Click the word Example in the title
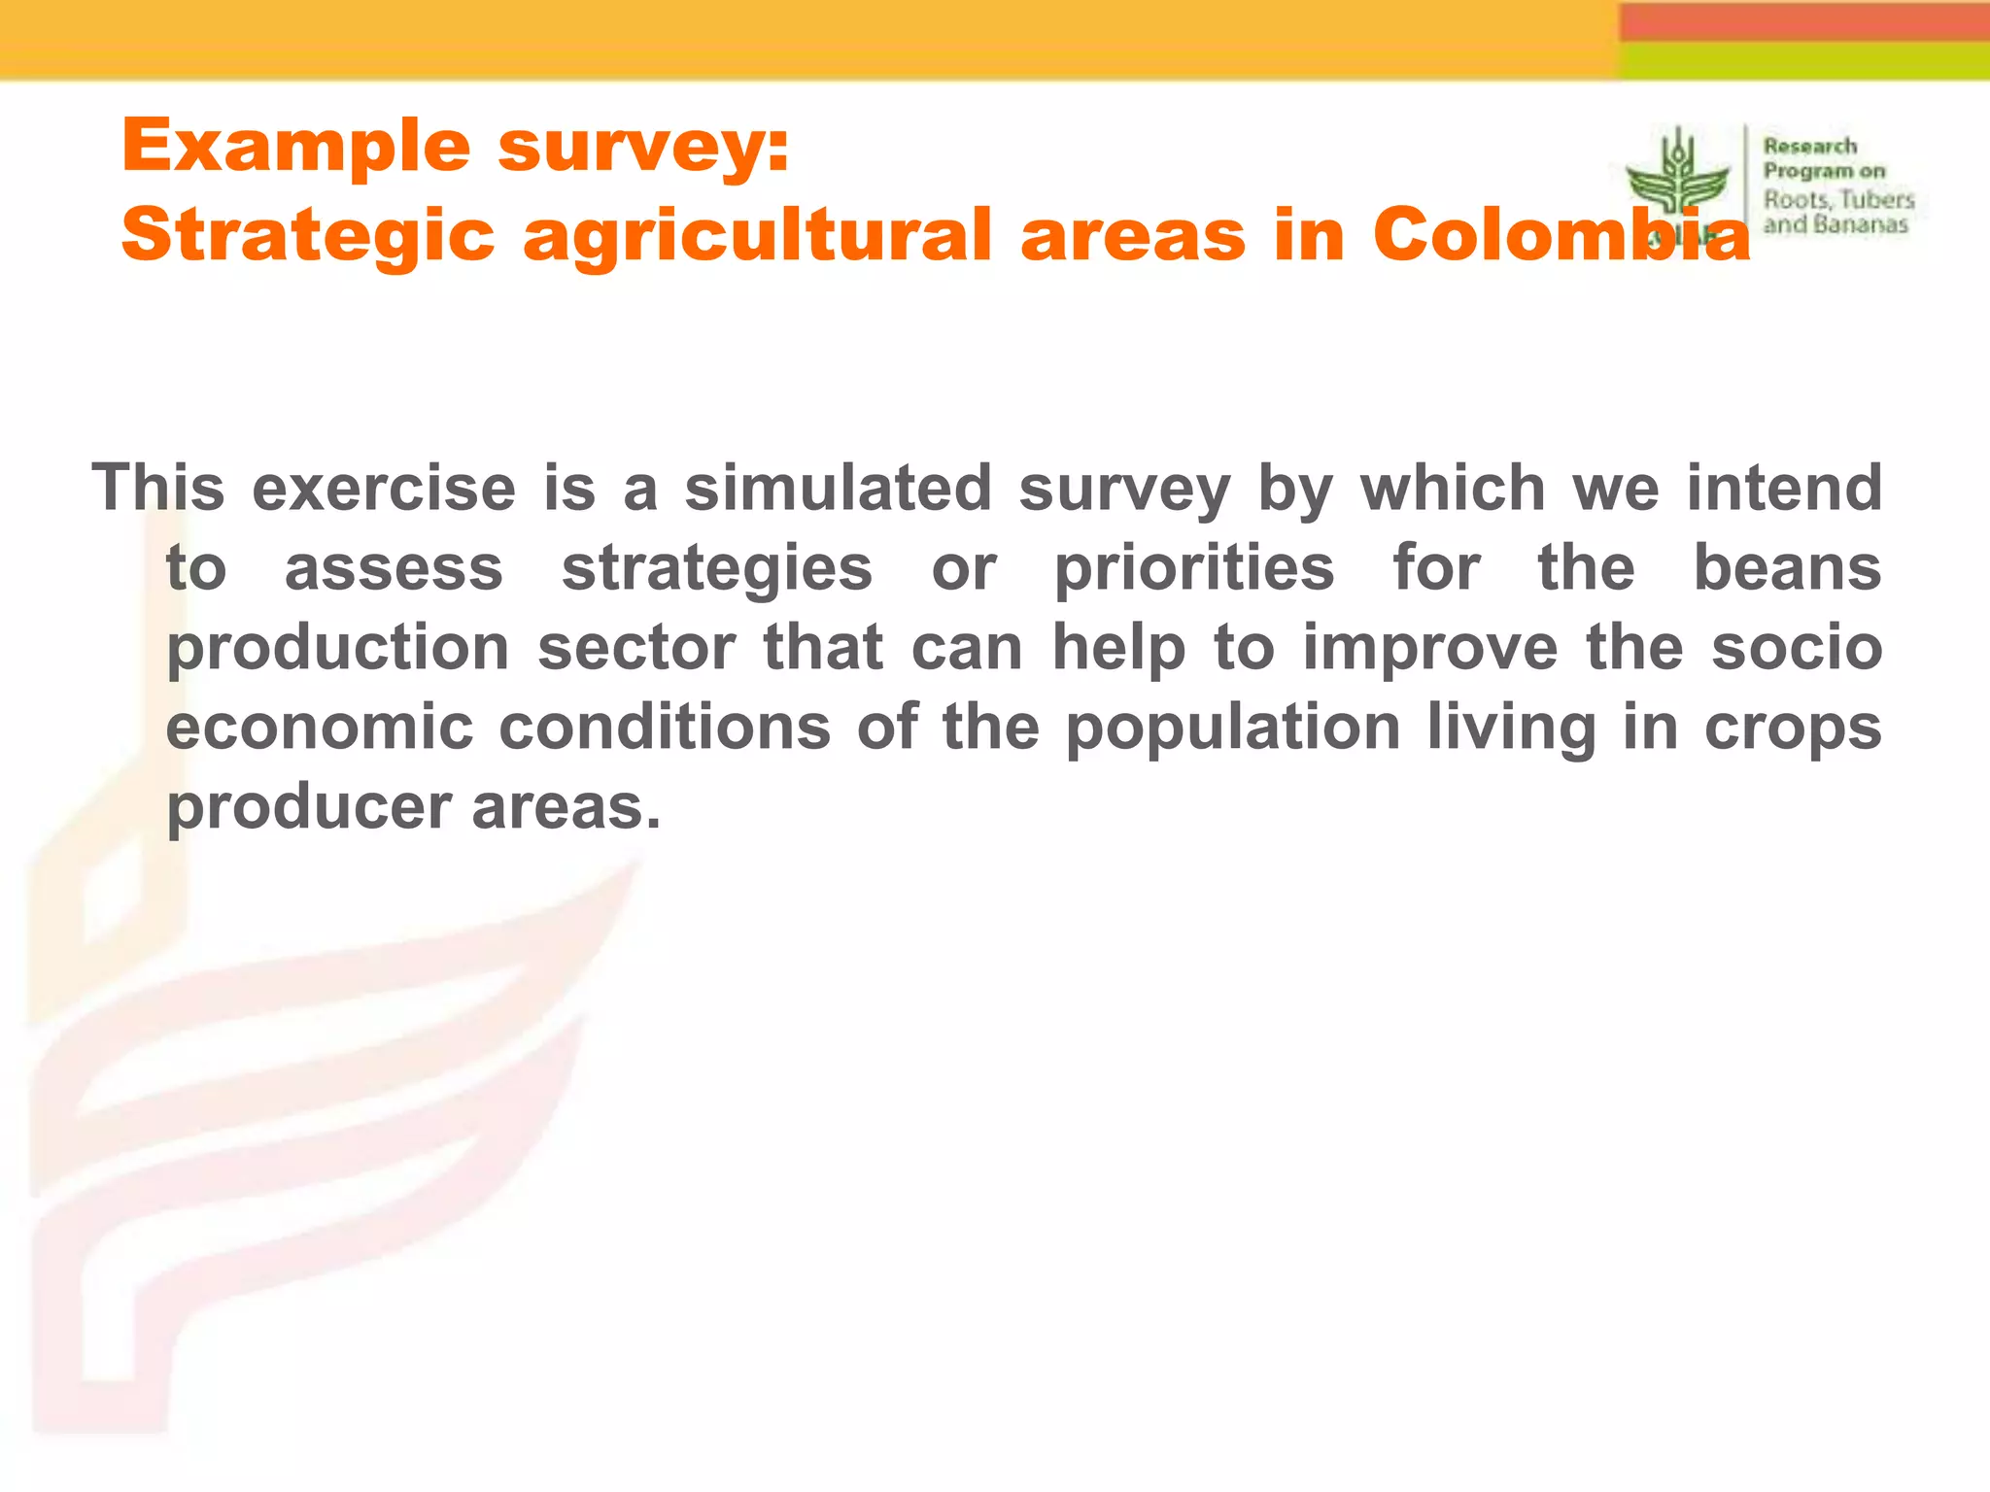coord(295,146)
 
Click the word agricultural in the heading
coord(758,236)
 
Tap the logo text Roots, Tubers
coord(1838,200)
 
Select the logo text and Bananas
coord(1836,225)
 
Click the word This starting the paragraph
coord(157,487)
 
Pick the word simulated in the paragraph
coord(838,487)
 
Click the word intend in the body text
coord(1784,487)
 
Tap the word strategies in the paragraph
coord(717,567)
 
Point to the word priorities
coord(1194,567)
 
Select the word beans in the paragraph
coord(1788,567)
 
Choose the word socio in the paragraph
coord(1797,648)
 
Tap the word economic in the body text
coord(320,727)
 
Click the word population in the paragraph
coord(1233,729)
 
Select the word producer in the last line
coord(309,808)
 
